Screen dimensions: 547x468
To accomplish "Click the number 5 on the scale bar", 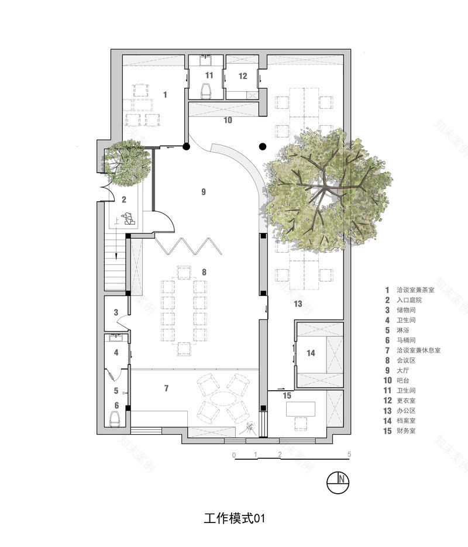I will point(349,454).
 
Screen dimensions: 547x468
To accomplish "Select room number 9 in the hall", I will point(203,192).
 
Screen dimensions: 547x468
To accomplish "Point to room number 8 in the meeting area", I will point(204,272).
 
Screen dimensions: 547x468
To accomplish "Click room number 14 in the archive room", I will point(311,353).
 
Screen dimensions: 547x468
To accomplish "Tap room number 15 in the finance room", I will point(287,395).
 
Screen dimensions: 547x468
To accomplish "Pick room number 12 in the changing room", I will point(243,76).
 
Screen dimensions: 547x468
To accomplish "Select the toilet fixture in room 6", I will point(116,418).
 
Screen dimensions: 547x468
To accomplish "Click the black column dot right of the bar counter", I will point(263,146).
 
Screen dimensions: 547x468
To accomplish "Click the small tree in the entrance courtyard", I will point(125,160).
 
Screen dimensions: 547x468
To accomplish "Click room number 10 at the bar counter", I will point(228,120).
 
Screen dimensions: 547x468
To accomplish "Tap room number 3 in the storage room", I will point(116,312).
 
